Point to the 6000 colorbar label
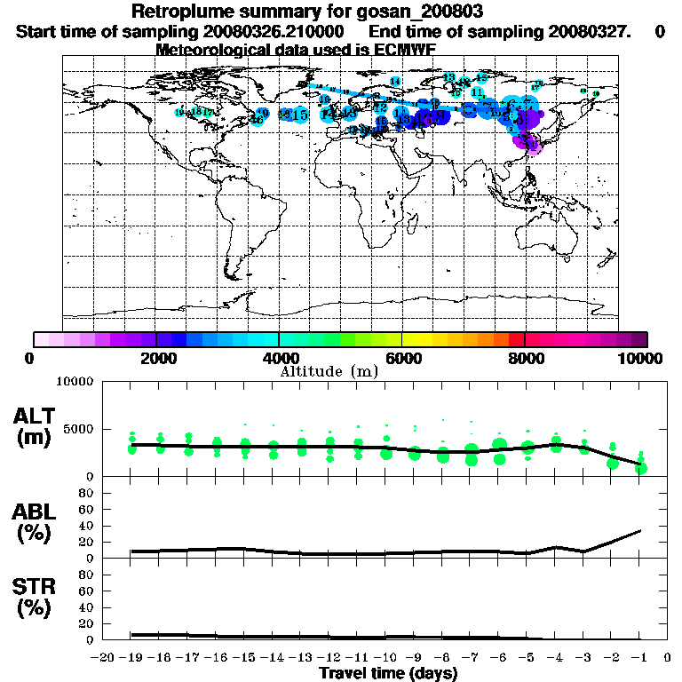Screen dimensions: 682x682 (401, 358)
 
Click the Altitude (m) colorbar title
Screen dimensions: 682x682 (329, 370)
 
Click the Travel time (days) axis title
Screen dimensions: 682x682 (388, 674)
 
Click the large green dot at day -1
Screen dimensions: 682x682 (641, 468)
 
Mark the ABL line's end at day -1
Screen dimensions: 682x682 (641, 531)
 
